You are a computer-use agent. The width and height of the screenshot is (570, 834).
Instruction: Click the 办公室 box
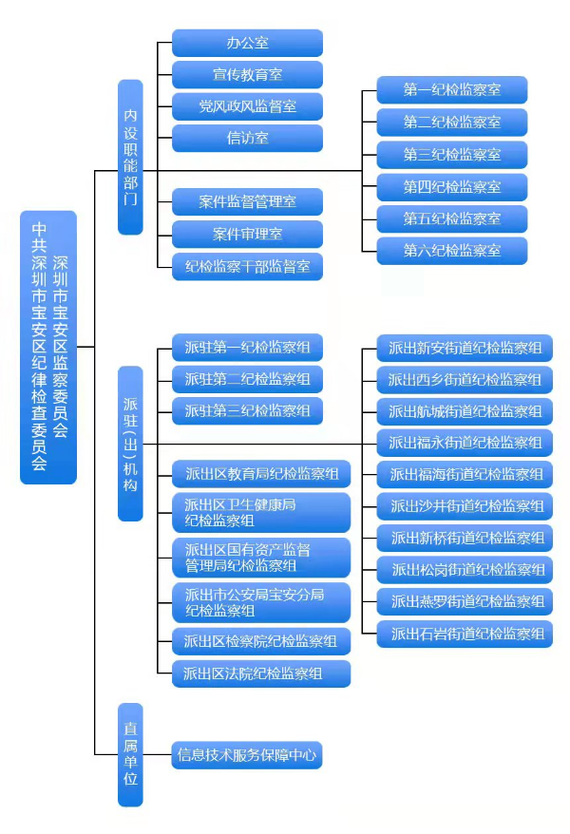[x=247, y=43]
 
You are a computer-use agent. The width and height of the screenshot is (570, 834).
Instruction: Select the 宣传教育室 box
[x=247, y=74]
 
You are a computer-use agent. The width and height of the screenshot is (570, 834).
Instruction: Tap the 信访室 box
[x=247, y=138]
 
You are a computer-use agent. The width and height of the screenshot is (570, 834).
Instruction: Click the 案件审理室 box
[x=247, y=234]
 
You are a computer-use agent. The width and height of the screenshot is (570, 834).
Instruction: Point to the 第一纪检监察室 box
[x=451, y=90]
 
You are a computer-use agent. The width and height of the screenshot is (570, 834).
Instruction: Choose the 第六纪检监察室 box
[x=451, y=251]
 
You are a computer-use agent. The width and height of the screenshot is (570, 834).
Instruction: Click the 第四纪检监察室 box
[x=451, y=186]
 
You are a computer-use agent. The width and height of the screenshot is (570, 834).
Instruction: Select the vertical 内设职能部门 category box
[x=130, y=157]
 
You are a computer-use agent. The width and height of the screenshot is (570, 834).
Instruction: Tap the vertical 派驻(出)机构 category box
[x=130, y=443]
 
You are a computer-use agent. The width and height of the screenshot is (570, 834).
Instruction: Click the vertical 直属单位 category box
[x=130, y=754]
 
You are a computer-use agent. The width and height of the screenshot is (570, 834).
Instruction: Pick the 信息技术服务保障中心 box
[x=247, y=756]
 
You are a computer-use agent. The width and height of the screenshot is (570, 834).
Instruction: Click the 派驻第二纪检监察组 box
[x=247, y=380]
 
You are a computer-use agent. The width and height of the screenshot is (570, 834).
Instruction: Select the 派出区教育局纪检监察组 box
[x=260, y=474]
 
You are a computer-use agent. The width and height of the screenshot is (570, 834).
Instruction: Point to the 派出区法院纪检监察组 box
[x=260, y=673]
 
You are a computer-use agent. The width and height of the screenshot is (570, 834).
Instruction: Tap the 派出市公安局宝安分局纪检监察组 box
[x=260, y=602]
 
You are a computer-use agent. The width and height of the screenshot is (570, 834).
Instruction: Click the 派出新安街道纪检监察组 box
[x=465, y=349]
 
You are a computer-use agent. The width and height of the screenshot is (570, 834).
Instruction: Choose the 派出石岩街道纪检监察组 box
[x=465, y=634]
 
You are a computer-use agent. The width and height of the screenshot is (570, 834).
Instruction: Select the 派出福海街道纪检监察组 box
[x=465, y=475]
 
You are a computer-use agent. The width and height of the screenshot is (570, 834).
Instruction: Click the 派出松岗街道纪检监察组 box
[x=465, y=570]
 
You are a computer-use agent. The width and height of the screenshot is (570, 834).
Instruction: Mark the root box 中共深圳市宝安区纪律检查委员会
[x=48, y=347]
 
